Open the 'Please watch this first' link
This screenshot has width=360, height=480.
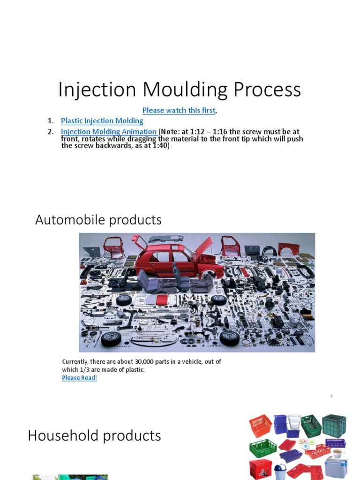point(179,111)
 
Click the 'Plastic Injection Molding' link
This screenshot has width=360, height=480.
point(102,121)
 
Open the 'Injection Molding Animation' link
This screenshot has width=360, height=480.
point(109,132)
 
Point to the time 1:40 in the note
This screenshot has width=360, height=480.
point(158,145)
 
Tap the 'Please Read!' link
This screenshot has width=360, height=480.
point(79,378)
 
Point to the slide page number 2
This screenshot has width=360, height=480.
point(331,397)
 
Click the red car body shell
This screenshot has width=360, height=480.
point(169,260)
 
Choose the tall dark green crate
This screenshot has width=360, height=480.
point(334,425)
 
